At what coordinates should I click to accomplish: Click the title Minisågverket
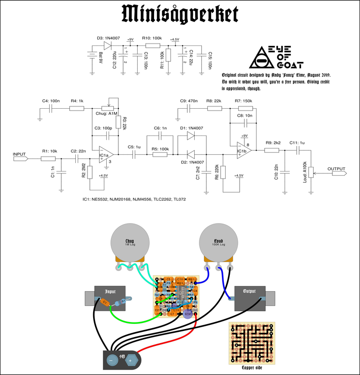[180, 15]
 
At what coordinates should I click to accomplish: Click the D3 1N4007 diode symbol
[107, 45]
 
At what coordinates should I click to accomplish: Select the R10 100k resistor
[153, 45]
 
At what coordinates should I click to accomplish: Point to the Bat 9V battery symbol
[89, 59]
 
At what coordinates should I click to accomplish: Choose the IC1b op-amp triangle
[243, 150]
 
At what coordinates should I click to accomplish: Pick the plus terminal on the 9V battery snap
[131, 360]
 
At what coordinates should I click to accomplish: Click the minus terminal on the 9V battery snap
[111, 360]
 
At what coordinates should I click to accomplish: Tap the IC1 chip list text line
[134, 200]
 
